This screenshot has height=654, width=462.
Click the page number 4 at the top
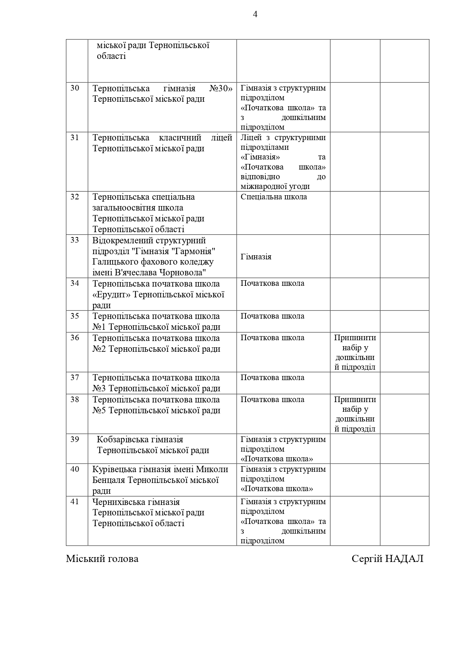(x=255, y=15)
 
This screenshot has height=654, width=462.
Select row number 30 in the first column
(x=75, y=88)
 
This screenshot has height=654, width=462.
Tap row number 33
(x=75, y=240)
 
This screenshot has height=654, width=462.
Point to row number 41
(x=75, y=502)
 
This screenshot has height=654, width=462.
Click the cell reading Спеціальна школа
(x=273, y=197)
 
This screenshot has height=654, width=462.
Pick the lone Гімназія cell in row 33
(x=256, y=257)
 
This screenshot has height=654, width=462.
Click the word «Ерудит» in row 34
(x=111, y=295)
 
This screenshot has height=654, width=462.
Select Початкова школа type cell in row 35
(x=272, y=316)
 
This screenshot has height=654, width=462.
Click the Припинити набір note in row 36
(x=355, y=352)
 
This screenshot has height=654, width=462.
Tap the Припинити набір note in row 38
(x=355, y=414)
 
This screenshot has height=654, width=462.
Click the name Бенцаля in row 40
(x=109, y=480)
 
